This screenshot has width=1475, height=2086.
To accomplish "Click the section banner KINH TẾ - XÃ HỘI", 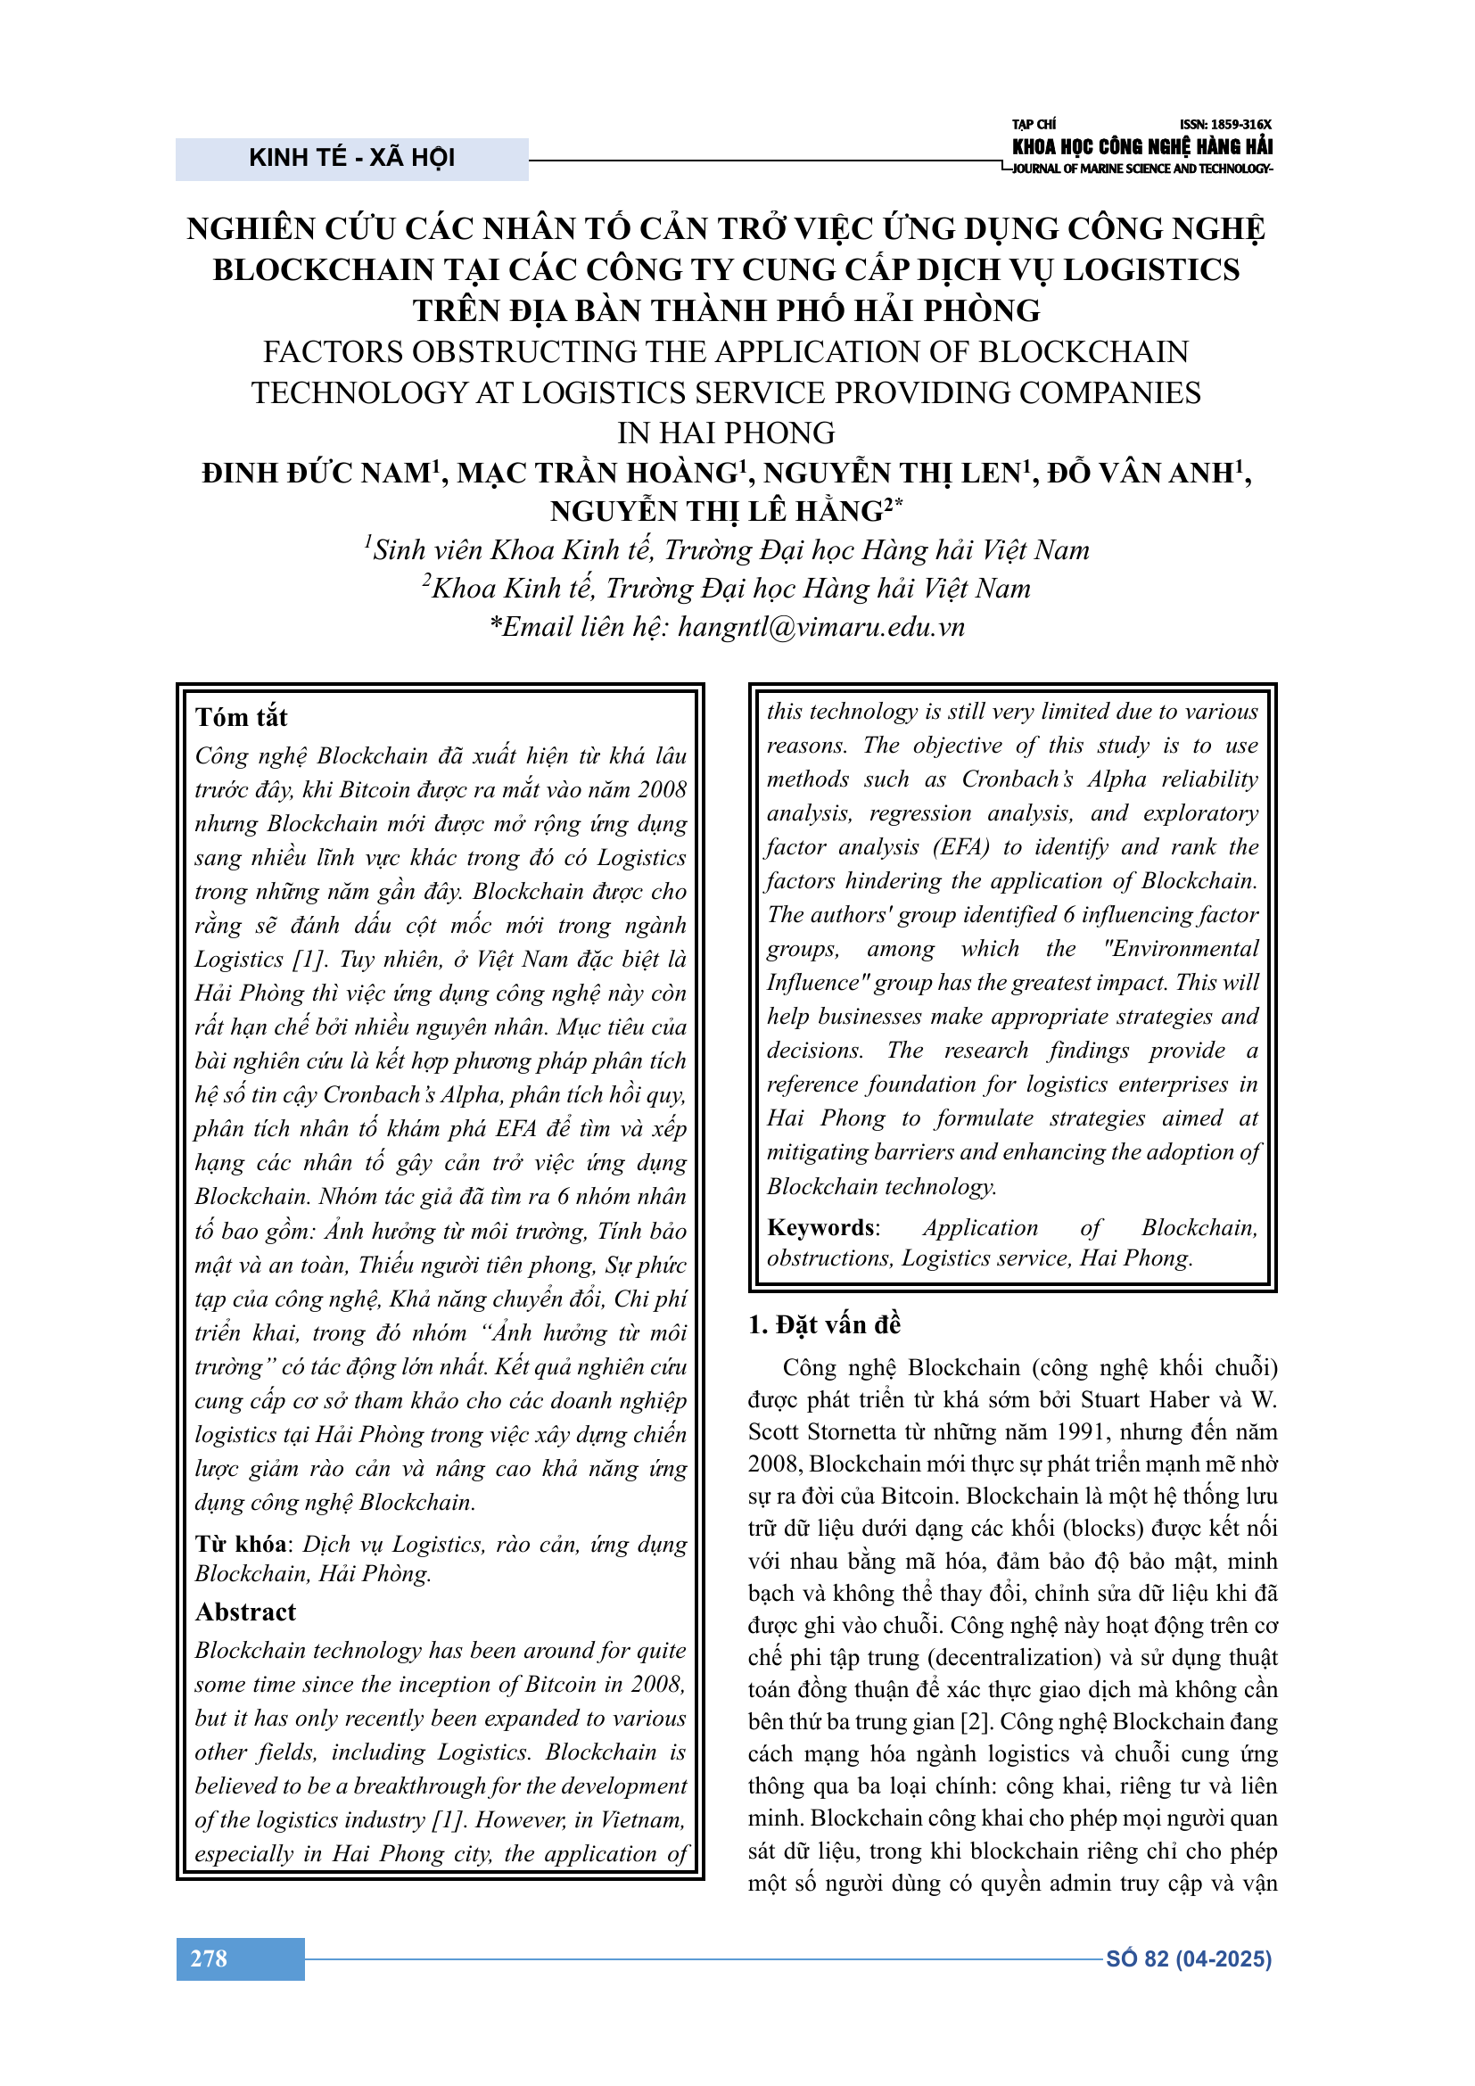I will (x=351, y=158).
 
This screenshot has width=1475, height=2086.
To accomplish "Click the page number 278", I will (x=209, y=1958).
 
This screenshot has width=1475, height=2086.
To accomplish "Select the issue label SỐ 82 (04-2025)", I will (x=1188, y=1958).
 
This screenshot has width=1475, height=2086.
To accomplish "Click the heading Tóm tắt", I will (x=241, y=718).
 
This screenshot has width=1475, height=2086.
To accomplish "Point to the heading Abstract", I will (x=245, y=1612).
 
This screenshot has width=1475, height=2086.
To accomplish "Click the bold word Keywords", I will (x=822, y=1227).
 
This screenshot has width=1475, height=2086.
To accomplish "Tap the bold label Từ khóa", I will (x=241, y=1544).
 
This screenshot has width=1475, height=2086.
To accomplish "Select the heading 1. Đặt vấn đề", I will (x=824, y=1324).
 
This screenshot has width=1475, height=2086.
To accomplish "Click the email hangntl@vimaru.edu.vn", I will (x=820, y=627).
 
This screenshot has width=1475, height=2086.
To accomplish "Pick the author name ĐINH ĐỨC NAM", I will (x=315, y=474).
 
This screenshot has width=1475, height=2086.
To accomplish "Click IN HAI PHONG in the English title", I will (x=726, y=433).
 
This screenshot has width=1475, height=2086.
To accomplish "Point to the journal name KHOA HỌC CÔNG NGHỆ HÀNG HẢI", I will (x=1141, y=146).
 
